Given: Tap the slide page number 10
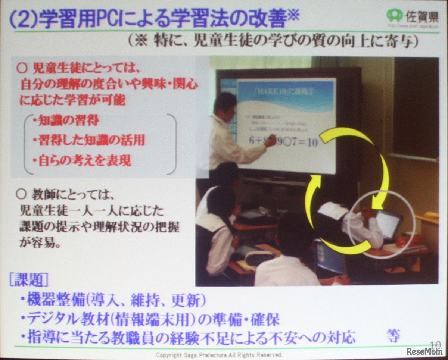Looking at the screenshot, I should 435,344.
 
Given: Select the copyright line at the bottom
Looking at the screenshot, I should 219,354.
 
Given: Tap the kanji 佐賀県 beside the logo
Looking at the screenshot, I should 420,16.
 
